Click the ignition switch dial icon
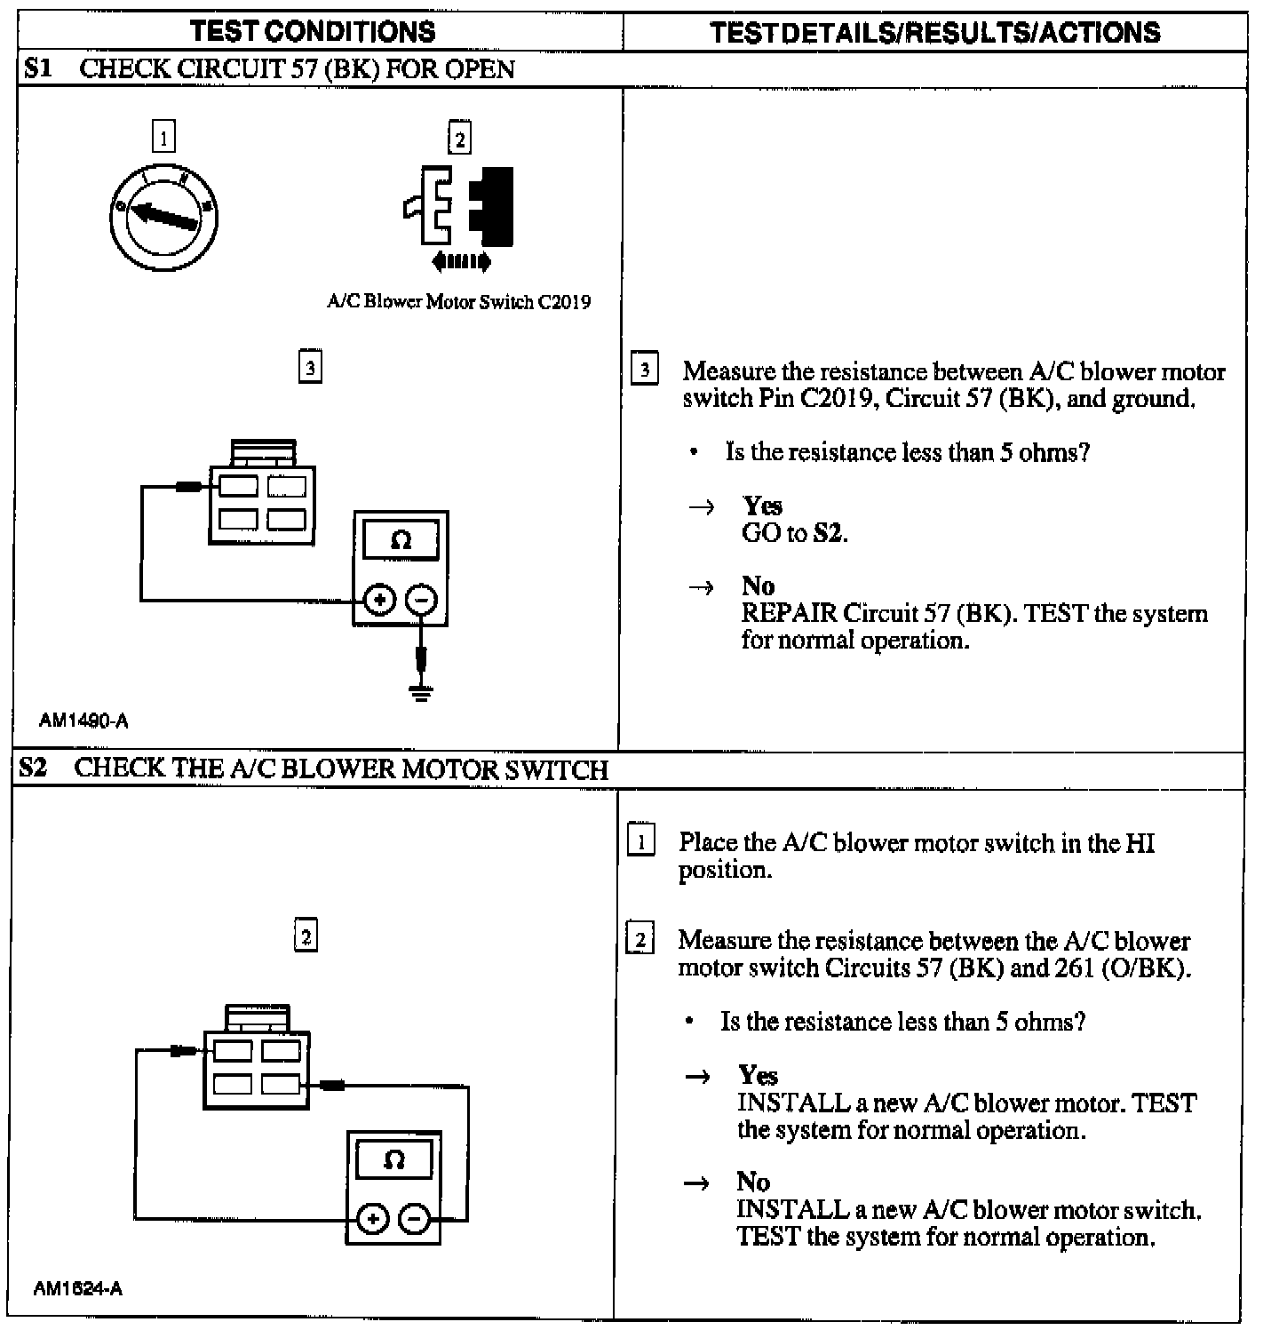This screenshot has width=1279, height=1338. click(163, 217)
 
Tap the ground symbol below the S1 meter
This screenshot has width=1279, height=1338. click(421, 691)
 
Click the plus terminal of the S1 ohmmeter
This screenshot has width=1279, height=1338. click(379, 601)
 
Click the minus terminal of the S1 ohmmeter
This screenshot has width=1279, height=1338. click(421, 601)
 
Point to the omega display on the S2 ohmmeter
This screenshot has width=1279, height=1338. click(394, 1159)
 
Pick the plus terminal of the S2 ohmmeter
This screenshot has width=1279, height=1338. click(373, 1219)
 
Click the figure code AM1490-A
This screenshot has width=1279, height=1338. click(83, 721)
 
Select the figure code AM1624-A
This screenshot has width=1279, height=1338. click(78, 1288)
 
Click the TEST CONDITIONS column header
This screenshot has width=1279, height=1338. click(313, 32)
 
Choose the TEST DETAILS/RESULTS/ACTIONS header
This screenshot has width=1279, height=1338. click(934, 33)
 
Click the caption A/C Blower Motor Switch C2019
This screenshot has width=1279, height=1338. click(458, 302)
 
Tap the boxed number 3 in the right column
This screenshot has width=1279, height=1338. click(645, 369)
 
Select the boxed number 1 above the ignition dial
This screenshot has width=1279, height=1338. click(163, 137)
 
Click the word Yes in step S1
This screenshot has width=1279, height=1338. click(762, 506)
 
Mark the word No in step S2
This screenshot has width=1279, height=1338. click(752, 1182)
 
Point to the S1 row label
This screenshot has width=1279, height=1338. click(38, 68)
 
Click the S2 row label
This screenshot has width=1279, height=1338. click(34, 768)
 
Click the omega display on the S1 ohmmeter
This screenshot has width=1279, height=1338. click(401, 540)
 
